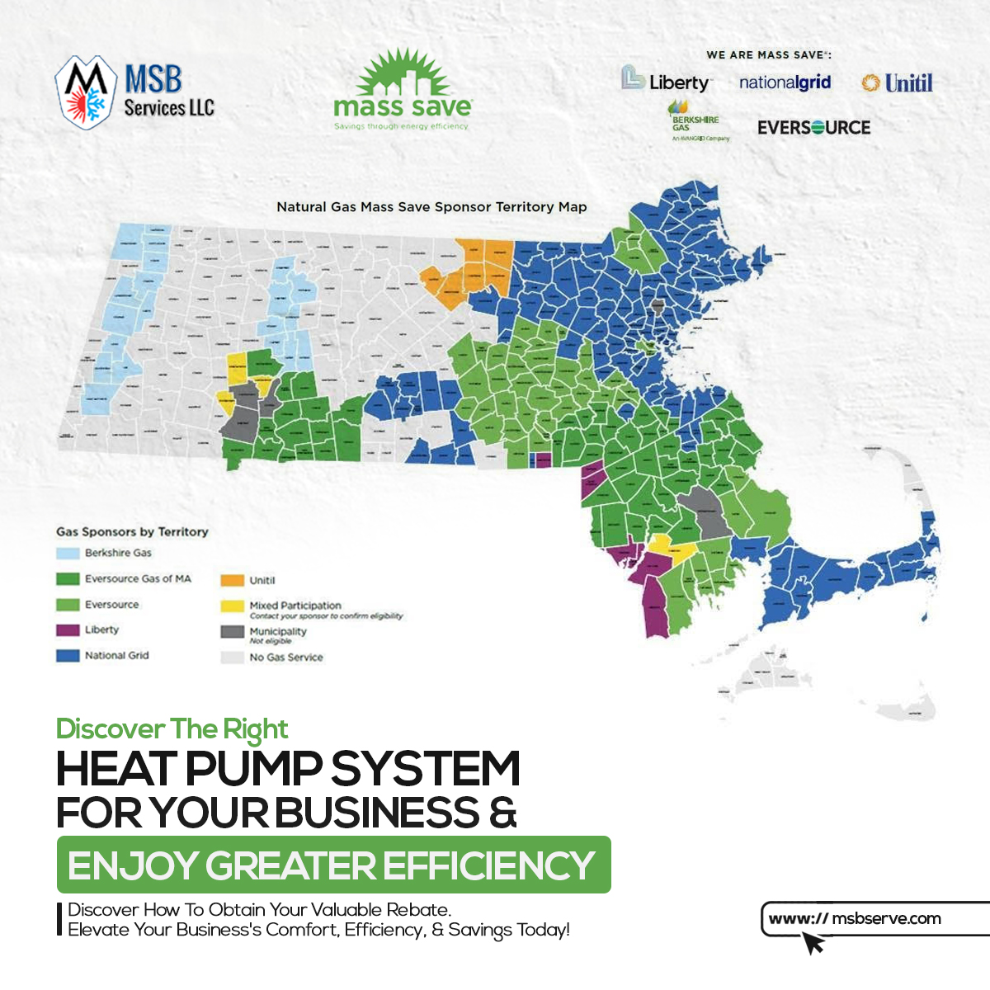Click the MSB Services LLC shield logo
[x=86, y=92]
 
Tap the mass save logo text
[x=403, y=106]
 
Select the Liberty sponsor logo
[x=667, y=81]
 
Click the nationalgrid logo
[x=785, y=82]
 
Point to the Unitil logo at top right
[x=898, y=82]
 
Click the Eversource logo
[x=813, y=128]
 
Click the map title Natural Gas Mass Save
[x=431, y=207]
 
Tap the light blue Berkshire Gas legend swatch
[x=68, y=554]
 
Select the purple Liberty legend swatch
[x=68, y=630]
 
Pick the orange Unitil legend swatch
[x=233, y=581]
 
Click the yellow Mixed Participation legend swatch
[x=233, y=606]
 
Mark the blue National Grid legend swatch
[x=68, y=656]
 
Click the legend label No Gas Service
[x=286, y=658]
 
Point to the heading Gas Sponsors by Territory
[x=132, y=532]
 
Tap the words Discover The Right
[x=172, y=729]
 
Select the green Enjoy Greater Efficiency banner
[x=333, y=865]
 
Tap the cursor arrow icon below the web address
[x=813, y=943]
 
